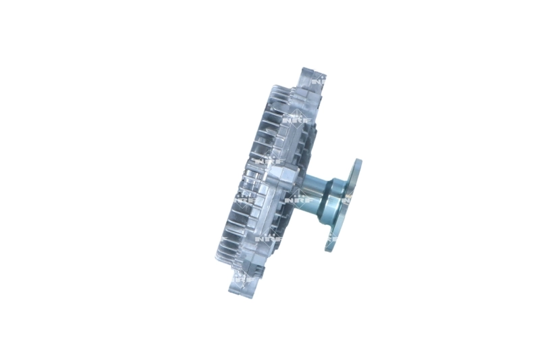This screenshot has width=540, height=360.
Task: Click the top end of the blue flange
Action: click(355, 166)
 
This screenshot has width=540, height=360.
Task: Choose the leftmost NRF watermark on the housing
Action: click(244, 201)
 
